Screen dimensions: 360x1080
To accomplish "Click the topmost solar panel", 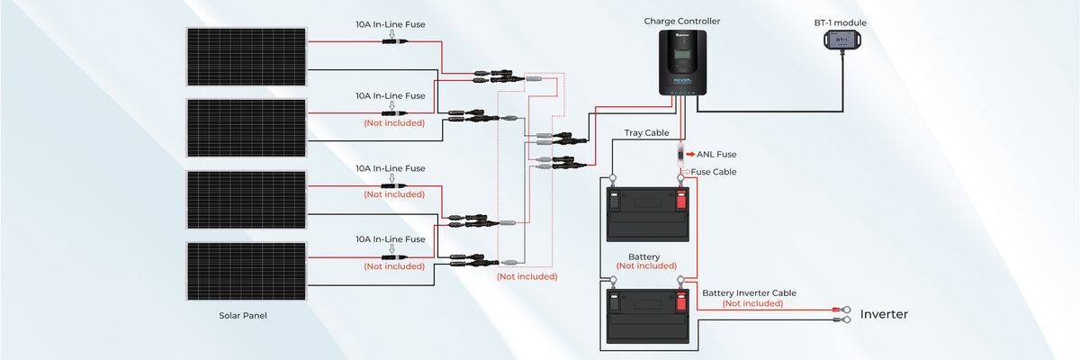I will (246, 56).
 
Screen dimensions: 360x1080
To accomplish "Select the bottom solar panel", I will (246, 271).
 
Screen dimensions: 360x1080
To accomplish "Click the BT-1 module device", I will (841, 40).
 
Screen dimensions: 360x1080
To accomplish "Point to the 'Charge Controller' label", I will (682, 21).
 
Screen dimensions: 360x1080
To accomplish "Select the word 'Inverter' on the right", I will (884, 314).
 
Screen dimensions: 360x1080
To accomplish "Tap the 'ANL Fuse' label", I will (716, 155).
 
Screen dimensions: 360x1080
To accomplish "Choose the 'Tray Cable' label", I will (646, 133).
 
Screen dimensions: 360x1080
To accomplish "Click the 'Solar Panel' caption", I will (243, 316).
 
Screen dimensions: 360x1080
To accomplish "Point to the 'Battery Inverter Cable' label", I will (749, 292).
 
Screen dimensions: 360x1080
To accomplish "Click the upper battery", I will (647, 214).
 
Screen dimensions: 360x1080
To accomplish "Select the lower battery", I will (647, 315).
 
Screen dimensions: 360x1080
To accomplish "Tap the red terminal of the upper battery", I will (681, 196).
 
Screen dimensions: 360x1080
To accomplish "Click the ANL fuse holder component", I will (681, 154).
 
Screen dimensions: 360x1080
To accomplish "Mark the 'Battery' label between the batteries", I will (644, 256).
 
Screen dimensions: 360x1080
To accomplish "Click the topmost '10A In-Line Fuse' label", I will (390, 24).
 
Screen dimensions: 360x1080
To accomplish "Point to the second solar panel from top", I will (246, 128).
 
